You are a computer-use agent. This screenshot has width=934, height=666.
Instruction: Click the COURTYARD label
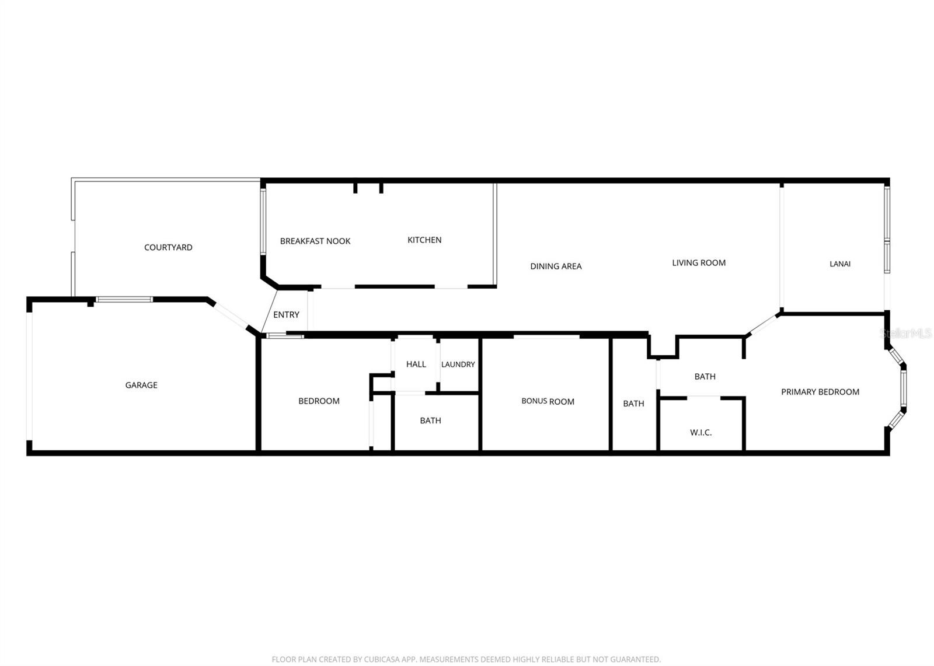(x=168, y=247)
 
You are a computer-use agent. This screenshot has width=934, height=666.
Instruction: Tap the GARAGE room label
(x=141, y=385)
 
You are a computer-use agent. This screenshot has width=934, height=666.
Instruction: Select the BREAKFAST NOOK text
(x=315, y=241)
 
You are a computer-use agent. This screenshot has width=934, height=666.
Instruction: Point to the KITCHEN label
(x=424, y=240)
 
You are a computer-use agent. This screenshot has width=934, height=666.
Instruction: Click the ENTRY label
(x=286, y=314)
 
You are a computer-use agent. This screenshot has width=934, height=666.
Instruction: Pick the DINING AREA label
(x=556, y=266)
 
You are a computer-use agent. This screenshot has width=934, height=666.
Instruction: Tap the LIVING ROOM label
(x=699, y=262)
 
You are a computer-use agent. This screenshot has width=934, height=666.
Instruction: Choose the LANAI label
(x=840, y=264)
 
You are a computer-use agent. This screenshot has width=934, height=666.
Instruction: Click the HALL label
(x=416, y=364)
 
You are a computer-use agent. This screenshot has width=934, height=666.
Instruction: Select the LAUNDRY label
(x=458, y=364)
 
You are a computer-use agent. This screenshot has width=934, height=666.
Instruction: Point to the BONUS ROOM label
(x=548, y=401)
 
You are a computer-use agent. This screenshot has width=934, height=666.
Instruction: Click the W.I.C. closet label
(x=700, y=432)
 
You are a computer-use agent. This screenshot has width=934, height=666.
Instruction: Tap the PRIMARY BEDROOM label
(x=820, y=392)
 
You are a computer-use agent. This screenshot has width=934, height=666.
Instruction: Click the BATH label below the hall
(x=430, y=420)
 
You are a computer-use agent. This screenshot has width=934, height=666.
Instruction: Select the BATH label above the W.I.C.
(x=705, y=376)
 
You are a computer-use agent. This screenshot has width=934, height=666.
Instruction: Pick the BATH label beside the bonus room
(x=633, y=403)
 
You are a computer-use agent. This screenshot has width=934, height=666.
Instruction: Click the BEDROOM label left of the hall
(x=319, y=401)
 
